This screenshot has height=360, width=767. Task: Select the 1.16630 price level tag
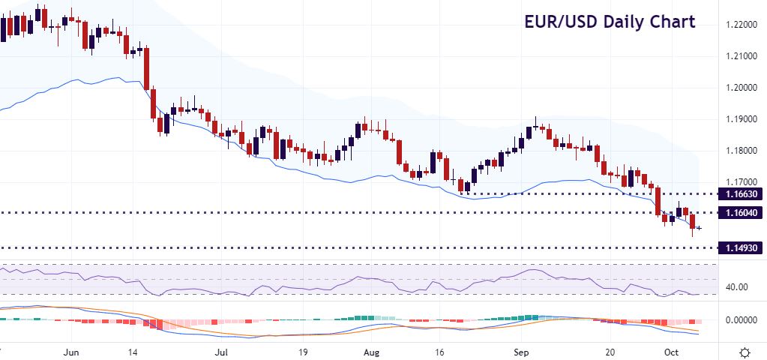click(741, 193)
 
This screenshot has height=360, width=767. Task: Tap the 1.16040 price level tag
click(741, 213)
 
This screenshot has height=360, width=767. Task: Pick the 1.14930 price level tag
click(741, 248)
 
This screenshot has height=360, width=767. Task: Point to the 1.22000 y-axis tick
click(743, 25)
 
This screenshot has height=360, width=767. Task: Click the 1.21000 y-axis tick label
click(743, 56)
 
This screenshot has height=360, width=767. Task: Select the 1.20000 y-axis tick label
click(743, 88)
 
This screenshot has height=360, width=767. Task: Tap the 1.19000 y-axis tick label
click(743, 119)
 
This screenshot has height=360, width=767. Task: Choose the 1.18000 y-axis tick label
click(743, 151)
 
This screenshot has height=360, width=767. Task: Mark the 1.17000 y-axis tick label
click(743, 182)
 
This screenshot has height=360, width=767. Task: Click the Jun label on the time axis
click(72, 351)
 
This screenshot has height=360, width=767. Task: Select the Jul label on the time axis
click(221, 351)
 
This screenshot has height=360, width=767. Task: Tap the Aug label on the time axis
click(372, 351)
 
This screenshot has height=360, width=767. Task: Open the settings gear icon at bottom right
click(745, 351)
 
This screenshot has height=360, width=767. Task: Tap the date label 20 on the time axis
click(610, 351)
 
